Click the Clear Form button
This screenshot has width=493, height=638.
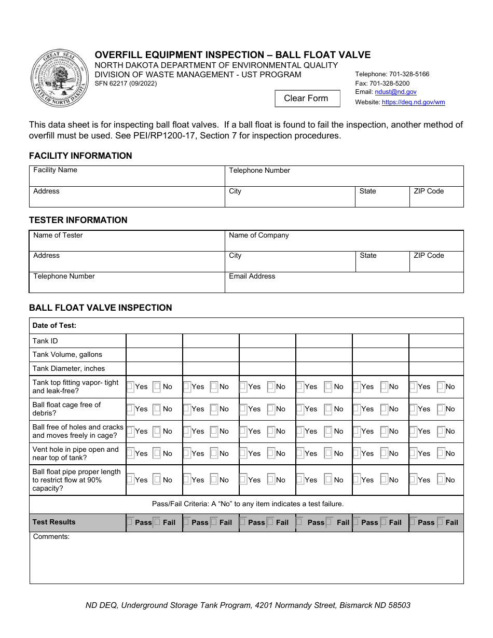pyautogui.click(x=307, y=99)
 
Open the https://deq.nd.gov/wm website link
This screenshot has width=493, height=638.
pyautogui.click(x=413, y=102)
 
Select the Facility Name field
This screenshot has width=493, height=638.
pyautogui.click(x=127, y=176)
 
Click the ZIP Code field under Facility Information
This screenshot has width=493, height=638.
pyautogui.click(x=436, y=197)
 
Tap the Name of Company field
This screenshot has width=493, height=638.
pyautogui.click(x=344, y=241)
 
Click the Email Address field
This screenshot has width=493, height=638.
pyautogui.click(x=344, y=283)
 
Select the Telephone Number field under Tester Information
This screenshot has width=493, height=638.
pyautogui.click(x=127, y=283)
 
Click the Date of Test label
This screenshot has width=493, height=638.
pyautogui.click(x=54, y=326)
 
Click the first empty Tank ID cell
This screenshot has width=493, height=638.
pyautogui.click(x=154, y=341)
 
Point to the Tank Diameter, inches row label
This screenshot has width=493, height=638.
pyautogui.click(x=69, y=369)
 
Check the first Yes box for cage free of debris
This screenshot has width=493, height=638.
pyautogui.click(x=131, y=409)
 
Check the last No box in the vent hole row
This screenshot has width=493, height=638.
pyautogui.click(x=441, y=453)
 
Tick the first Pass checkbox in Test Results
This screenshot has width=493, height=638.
pyautogui.click(x=130, y=522)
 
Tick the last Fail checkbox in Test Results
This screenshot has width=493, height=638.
pyautogui.click(x=441, y=522)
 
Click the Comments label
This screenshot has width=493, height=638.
pyautogui.click(x=51, y=537)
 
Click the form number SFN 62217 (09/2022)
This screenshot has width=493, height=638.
pyautogui.click(x=125, y=84)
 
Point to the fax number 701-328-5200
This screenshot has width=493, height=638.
pyautogui.click(x=389, y=83)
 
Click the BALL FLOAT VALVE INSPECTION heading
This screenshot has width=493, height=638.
pyautogui.click(x=100, y=308)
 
